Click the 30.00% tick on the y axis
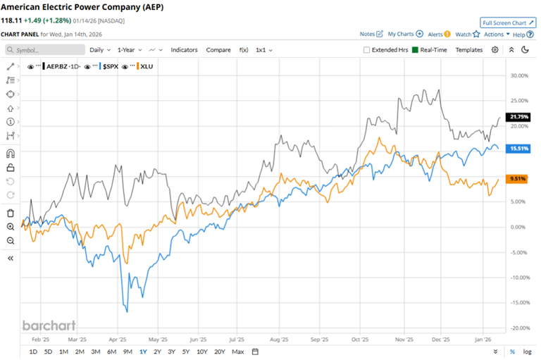518,76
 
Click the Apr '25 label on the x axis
117,338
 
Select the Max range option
237,352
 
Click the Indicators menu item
184,50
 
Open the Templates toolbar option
468,50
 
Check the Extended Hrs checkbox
366,50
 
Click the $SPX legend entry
109,66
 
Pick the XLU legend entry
147,66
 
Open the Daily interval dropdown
99,50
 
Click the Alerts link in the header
438,34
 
